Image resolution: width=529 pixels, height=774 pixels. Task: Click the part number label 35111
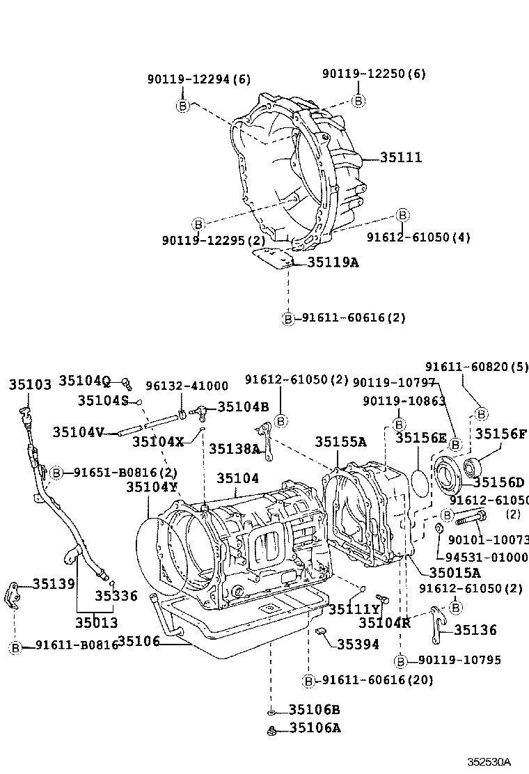401,158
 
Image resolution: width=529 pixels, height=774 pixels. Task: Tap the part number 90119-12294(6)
198,80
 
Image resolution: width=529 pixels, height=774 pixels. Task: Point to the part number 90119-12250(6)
374,74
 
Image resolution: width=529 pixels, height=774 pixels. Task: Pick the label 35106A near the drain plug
315,728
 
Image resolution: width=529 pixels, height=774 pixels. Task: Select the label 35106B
315,710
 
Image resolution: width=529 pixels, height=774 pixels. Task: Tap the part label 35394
358,645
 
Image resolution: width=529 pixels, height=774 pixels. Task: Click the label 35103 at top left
30,385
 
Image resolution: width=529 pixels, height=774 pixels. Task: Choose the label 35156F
501,434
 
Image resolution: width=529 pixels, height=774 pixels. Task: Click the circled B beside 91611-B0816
15,647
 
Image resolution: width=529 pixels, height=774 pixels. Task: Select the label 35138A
234,449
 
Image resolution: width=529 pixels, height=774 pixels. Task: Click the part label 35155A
340,441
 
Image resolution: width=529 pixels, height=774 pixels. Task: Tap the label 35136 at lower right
475,630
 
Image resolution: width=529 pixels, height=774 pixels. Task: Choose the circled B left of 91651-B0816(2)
56,472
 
